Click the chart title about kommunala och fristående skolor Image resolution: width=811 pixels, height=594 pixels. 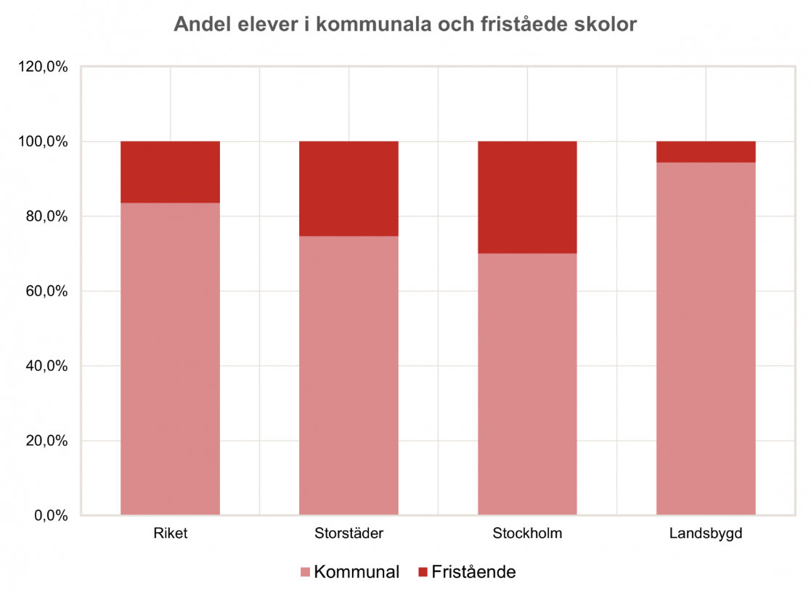coord(405,25)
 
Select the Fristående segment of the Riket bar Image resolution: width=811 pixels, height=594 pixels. coord(170,172)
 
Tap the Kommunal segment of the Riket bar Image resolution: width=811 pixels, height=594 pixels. coord(170,359)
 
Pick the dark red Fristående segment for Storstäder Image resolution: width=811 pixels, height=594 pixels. coord(349,189)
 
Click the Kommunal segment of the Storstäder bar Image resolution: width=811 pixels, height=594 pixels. coord(349,375)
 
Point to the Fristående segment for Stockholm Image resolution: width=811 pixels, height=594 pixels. coord(527,198)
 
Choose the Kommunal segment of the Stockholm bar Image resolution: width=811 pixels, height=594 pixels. coord(527,384)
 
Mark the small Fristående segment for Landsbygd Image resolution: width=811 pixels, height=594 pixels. coord(706,152)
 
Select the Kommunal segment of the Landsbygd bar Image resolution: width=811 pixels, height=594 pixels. coord(706,338)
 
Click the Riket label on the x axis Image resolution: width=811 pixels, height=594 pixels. coord(170,534)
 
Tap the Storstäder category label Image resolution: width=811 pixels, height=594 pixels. coord(349,534)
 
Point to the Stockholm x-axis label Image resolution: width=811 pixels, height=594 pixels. coord(527,534)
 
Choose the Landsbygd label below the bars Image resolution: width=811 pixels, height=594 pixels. coord(706,534)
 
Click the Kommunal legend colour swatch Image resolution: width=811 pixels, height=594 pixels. coord(305,572)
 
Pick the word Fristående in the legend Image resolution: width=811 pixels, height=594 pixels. coord(473,572)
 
